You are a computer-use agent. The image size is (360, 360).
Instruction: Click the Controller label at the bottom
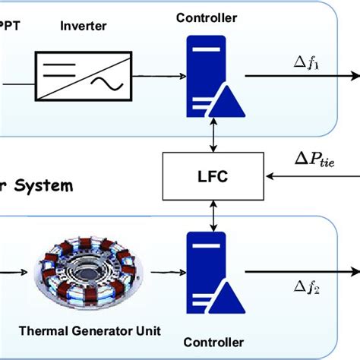207,342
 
